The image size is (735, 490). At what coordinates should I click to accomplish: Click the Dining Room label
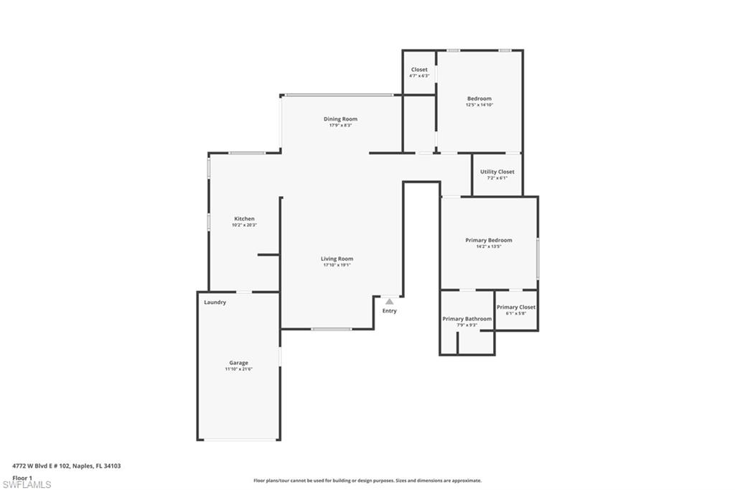tap(340, 119)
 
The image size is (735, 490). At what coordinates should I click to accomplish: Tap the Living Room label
tap(337, 259)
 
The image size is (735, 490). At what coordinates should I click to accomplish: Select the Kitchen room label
tap(244, 219)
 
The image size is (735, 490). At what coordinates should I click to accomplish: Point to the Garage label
tap(238, 363)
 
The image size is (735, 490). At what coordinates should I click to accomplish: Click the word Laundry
tap(215, 302)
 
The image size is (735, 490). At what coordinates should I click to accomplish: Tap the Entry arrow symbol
tap(389, 302)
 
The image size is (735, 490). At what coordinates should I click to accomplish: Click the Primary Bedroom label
tap(489, 240)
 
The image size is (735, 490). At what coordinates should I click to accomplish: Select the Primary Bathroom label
tap(467, 319)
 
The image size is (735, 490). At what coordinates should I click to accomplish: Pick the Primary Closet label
tap(515, 308)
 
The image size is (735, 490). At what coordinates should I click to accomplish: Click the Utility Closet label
tap(497, 172)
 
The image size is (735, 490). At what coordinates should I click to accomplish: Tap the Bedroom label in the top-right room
tap(479, 98)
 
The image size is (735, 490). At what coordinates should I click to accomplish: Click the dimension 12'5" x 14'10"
tap(479, 105)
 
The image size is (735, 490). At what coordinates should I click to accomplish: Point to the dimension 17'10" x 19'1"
tap(337, 265)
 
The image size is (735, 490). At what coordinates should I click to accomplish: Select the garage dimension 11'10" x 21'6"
tap(238, 369)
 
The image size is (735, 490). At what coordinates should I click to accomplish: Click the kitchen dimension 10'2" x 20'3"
tap(244, 225)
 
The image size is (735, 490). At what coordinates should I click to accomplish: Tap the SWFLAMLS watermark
tap(27, 484)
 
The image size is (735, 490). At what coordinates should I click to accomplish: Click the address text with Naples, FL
tap(66, 466)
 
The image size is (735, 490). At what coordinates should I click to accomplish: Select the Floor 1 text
tap(22, 477)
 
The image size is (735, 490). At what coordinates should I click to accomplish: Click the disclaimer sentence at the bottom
tap(367, 481)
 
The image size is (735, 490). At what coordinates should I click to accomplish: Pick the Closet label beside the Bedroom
tap(419, 70)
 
